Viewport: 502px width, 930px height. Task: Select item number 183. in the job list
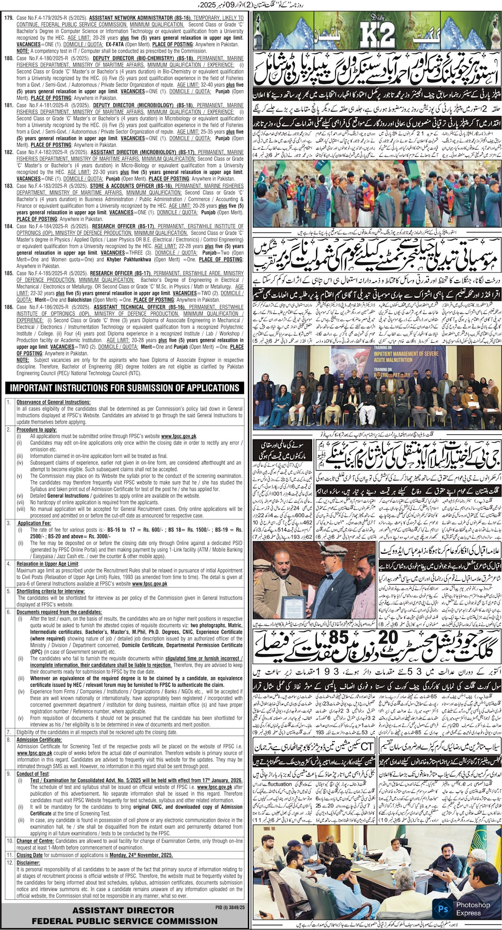coord(9,186)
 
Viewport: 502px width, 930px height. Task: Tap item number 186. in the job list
coord(9,307)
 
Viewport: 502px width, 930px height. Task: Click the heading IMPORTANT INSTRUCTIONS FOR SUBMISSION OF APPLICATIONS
coord(125,388)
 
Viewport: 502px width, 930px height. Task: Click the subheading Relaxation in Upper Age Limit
coord(47,564)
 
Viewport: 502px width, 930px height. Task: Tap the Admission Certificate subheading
coord(39,739)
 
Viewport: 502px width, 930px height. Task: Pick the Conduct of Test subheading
coord(33,774)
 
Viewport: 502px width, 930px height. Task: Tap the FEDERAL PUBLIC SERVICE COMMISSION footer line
coord(125,908)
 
